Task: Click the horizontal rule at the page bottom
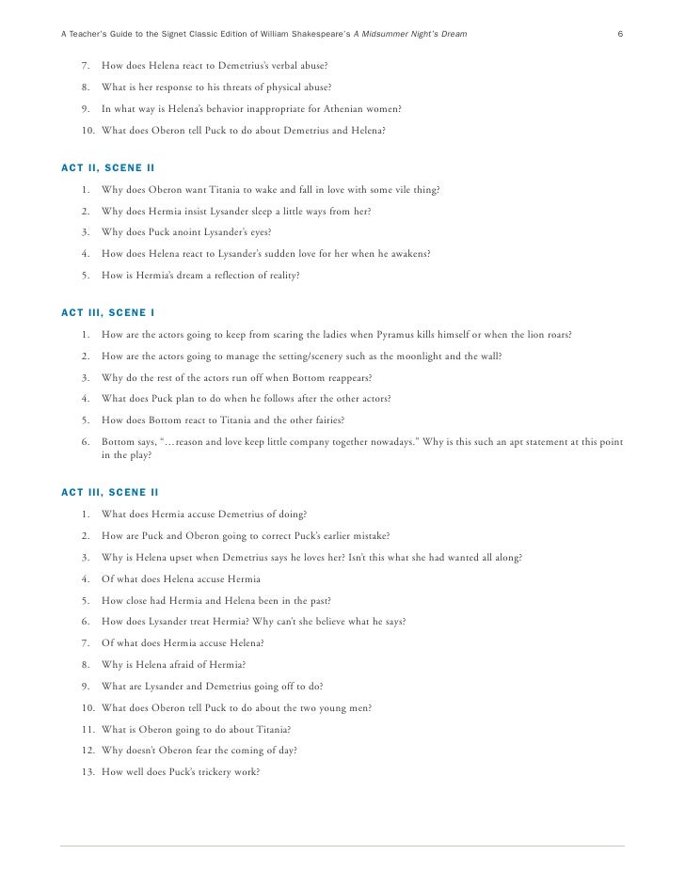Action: [x=342, y=843]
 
